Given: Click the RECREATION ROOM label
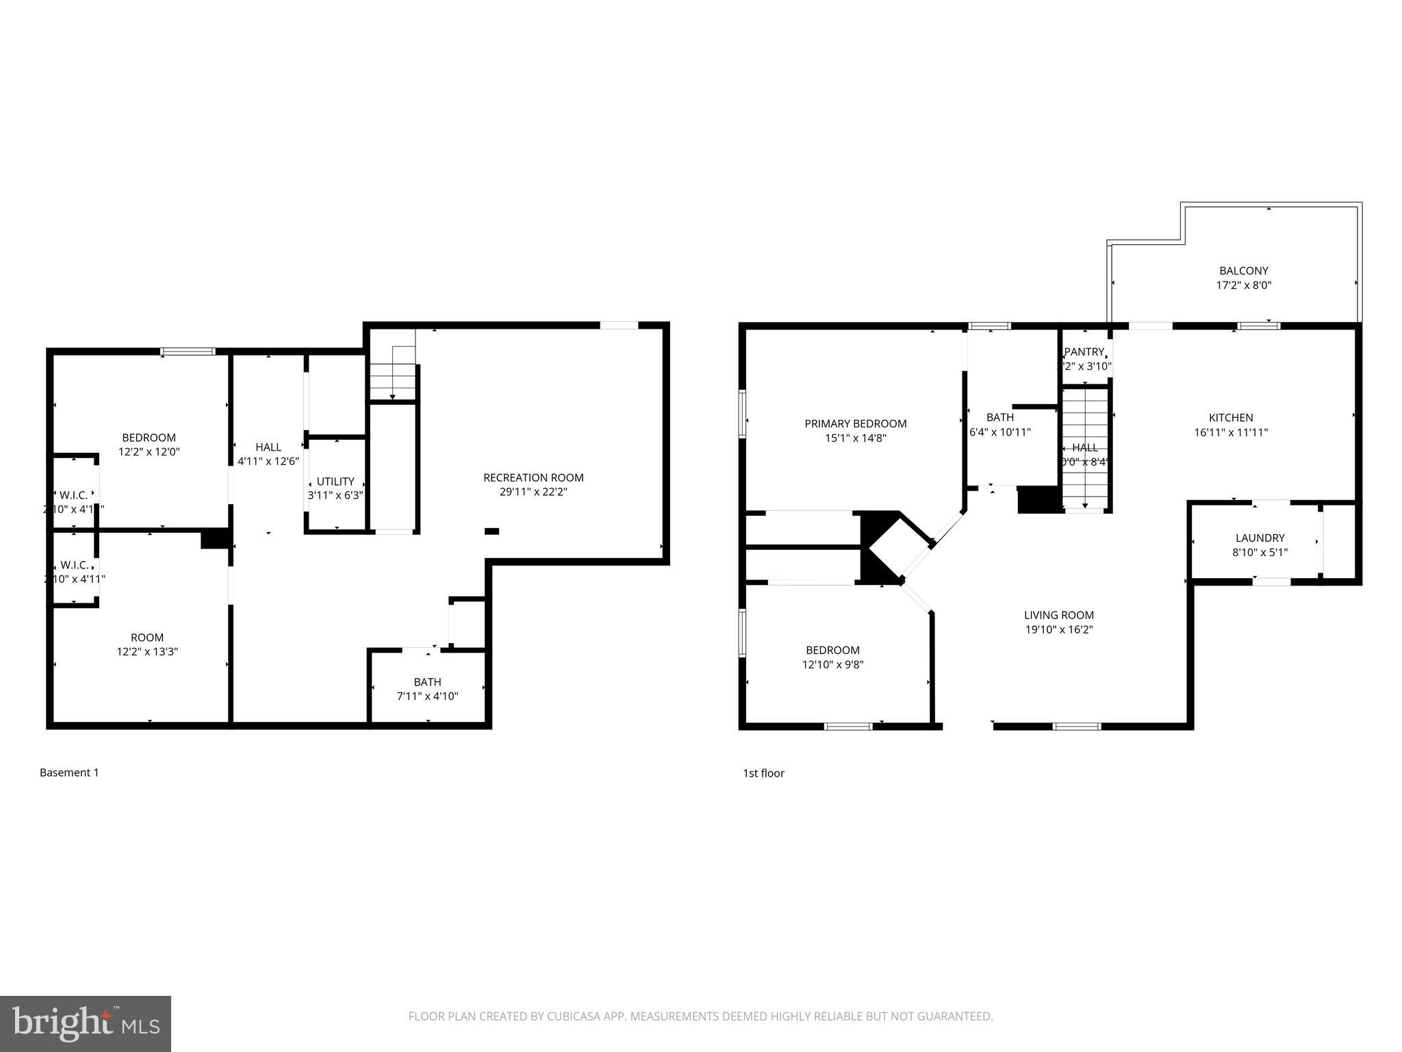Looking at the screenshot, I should pos(533,477).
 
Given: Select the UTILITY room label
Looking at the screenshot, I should pos(335,481).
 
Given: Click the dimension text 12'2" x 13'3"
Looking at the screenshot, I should pos(147,652).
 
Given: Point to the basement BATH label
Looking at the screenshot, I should pos(427,682).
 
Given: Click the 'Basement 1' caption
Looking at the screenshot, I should pos(69,773).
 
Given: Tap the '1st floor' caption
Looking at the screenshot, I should pos(763,773).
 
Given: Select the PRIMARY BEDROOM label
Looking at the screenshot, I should pos(855,424).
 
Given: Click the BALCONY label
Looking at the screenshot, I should pos(1243,271).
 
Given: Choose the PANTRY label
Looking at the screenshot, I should pos(1084,352).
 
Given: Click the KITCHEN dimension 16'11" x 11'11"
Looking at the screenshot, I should pos(1231,432).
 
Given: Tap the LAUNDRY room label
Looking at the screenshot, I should pos(1260,538).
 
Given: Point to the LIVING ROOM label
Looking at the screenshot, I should pos(1058,615).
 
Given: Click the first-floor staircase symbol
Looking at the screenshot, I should pos(1084,445).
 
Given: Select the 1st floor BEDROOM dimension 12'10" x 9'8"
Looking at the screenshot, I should pos(832,664).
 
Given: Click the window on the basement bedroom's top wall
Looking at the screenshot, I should pos(188,352).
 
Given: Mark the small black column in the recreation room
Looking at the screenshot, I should pos(492,531).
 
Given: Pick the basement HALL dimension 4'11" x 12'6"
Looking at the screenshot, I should pos(268,462).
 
